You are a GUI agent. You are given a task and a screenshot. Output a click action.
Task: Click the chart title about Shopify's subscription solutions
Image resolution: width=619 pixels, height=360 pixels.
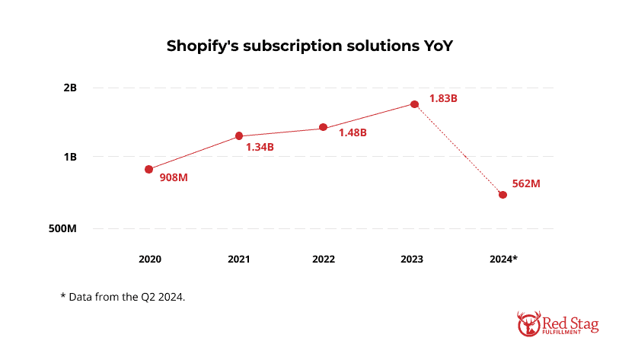[x=309, y=46]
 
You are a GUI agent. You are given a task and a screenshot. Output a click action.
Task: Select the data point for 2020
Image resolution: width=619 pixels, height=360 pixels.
[x=149, y=169]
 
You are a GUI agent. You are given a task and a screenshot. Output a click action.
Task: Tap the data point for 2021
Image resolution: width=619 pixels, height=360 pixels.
[x=239, y=136]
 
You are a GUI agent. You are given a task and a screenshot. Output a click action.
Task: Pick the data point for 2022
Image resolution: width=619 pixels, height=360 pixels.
[x=323, y=127]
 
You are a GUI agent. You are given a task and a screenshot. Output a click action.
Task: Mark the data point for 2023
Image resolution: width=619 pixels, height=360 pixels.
[x=414, y=104]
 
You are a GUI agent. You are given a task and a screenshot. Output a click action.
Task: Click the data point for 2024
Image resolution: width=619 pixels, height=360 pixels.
[x=503, y=195]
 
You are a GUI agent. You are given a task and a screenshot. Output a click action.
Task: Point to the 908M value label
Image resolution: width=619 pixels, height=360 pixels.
[x=174, y=177]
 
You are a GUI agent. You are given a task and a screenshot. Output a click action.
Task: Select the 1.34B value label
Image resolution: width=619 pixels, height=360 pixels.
[x=259, y=146]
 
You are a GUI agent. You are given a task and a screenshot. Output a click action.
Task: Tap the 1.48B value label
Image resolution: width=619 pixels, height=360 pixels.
[x=353, y=132]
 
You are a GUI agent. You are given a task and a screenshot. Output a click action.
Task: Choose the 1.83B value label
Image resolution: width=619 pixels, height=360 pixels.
[x=442, y=98]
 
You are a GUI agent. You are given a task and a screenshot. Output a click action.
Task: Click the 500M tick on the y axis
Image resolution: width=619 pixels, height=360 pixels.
[x=62, y=228]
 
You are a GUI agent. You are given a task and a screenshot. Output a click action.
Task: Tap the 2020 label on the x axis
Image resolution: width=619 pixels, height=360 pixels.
[x=150, y=259]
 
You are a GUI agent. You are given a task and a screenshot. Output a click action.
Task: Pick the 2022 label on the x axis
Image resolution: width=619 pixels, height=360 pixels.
[x=324, y=259]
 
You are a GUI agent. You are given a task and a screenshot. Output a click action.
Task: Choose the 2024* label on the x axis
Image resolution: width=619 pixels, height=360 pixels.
[x=503, y=259]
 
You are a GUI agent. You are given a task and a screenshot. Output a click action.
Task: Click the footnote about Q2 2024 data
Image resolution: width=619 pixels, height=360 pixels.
[x=123, y=295]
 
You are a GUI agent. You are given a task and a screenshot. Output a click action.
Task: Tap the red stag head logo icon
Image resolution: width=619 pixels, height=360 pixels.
[x=528, y=323]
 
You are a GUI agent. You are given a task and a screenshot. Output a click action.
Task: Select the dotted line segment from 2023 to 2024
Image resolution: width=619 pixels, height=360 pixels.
[x=458, y=150]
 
